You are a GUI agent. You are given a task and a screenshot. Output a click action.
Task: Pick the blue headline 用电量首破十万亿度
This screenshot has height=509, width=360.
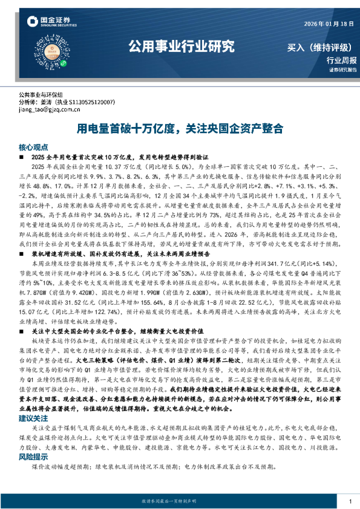(127, 129)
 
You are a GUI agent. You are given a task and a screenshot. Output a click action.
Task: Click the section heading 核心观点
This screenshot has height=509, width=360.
(32, 147)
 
